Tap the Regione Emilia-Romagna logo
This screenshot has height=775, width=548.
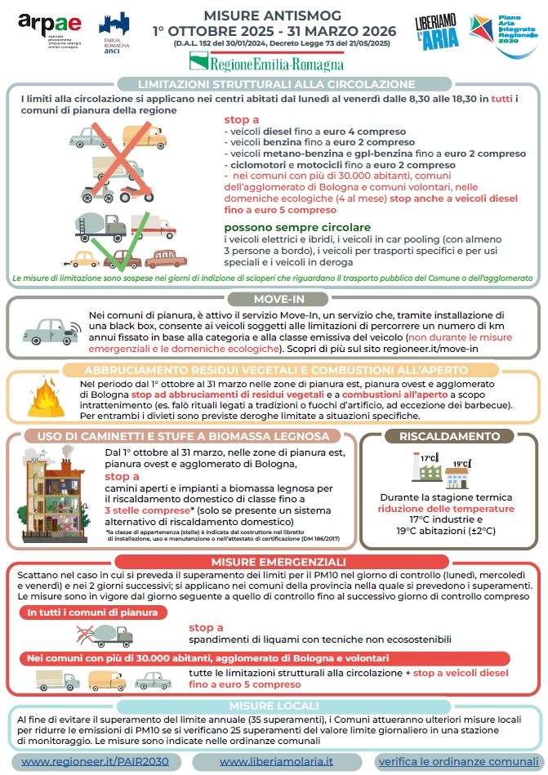[266, 61]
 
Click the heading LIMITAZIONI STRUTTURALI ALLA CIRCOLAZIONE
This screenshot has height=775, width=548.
[277, 84]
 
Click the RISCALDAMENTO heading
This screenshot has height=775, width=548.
[449, 436]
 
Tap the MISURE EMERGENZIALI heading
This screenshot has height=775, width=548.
[278, 562]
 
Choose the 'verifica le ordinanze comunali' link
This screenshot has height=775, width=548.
[457, 761]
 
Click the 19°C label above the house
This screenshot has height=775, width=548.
[461, 463]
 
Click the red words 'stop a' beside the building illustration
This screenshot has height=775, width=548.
[122, 476]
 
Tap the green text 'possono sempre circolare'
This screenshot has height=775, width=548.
[297, 227]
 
